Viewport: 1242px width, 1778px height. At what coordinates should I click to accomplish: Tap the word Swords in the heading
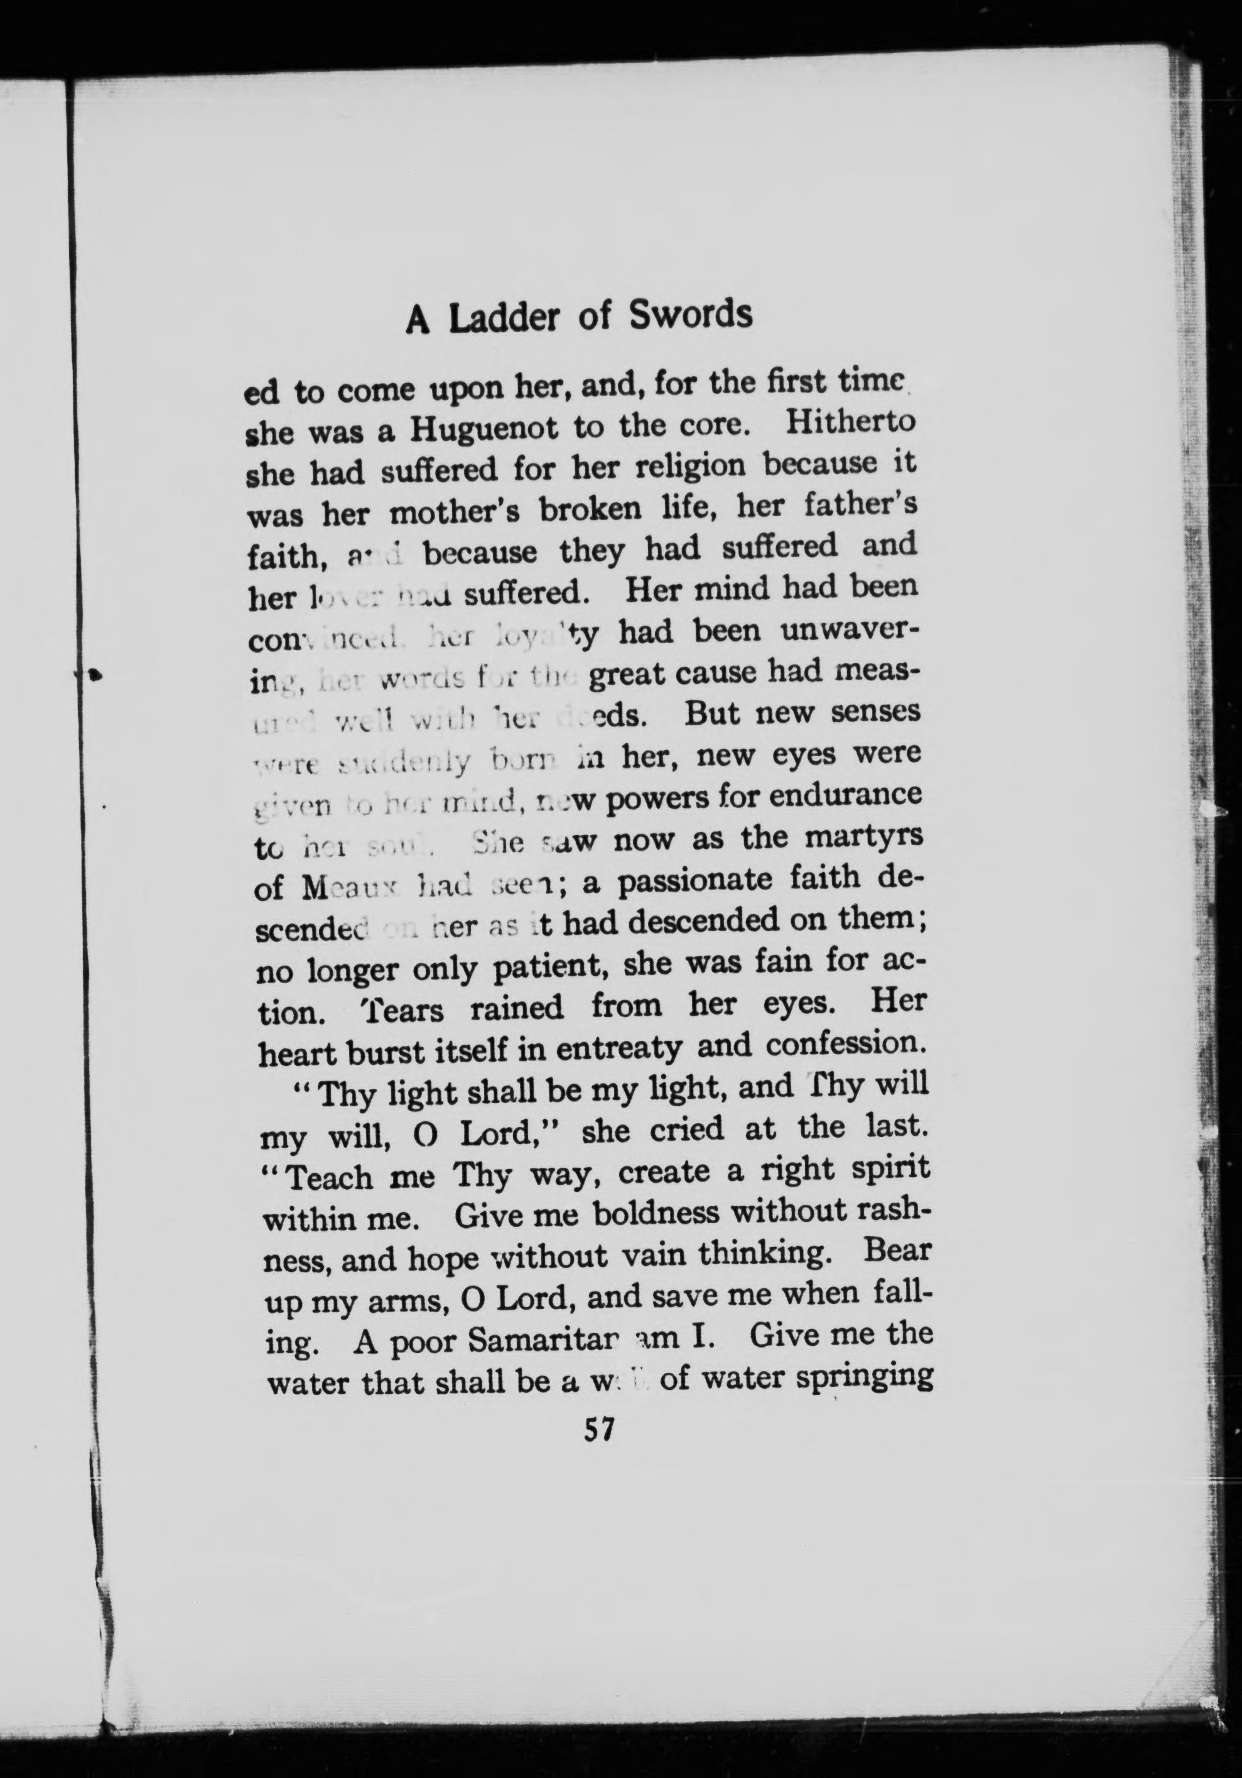[690, 315]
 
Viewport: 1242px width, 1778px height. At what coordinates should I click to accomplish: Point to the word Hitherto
[850, 422]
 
